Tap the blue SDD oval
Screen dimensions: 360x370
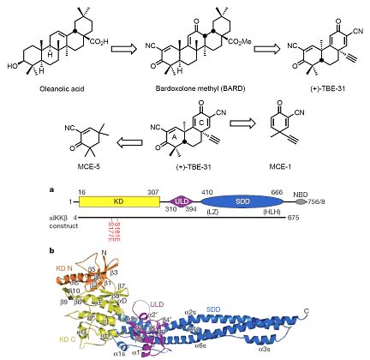pos(248,201)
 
